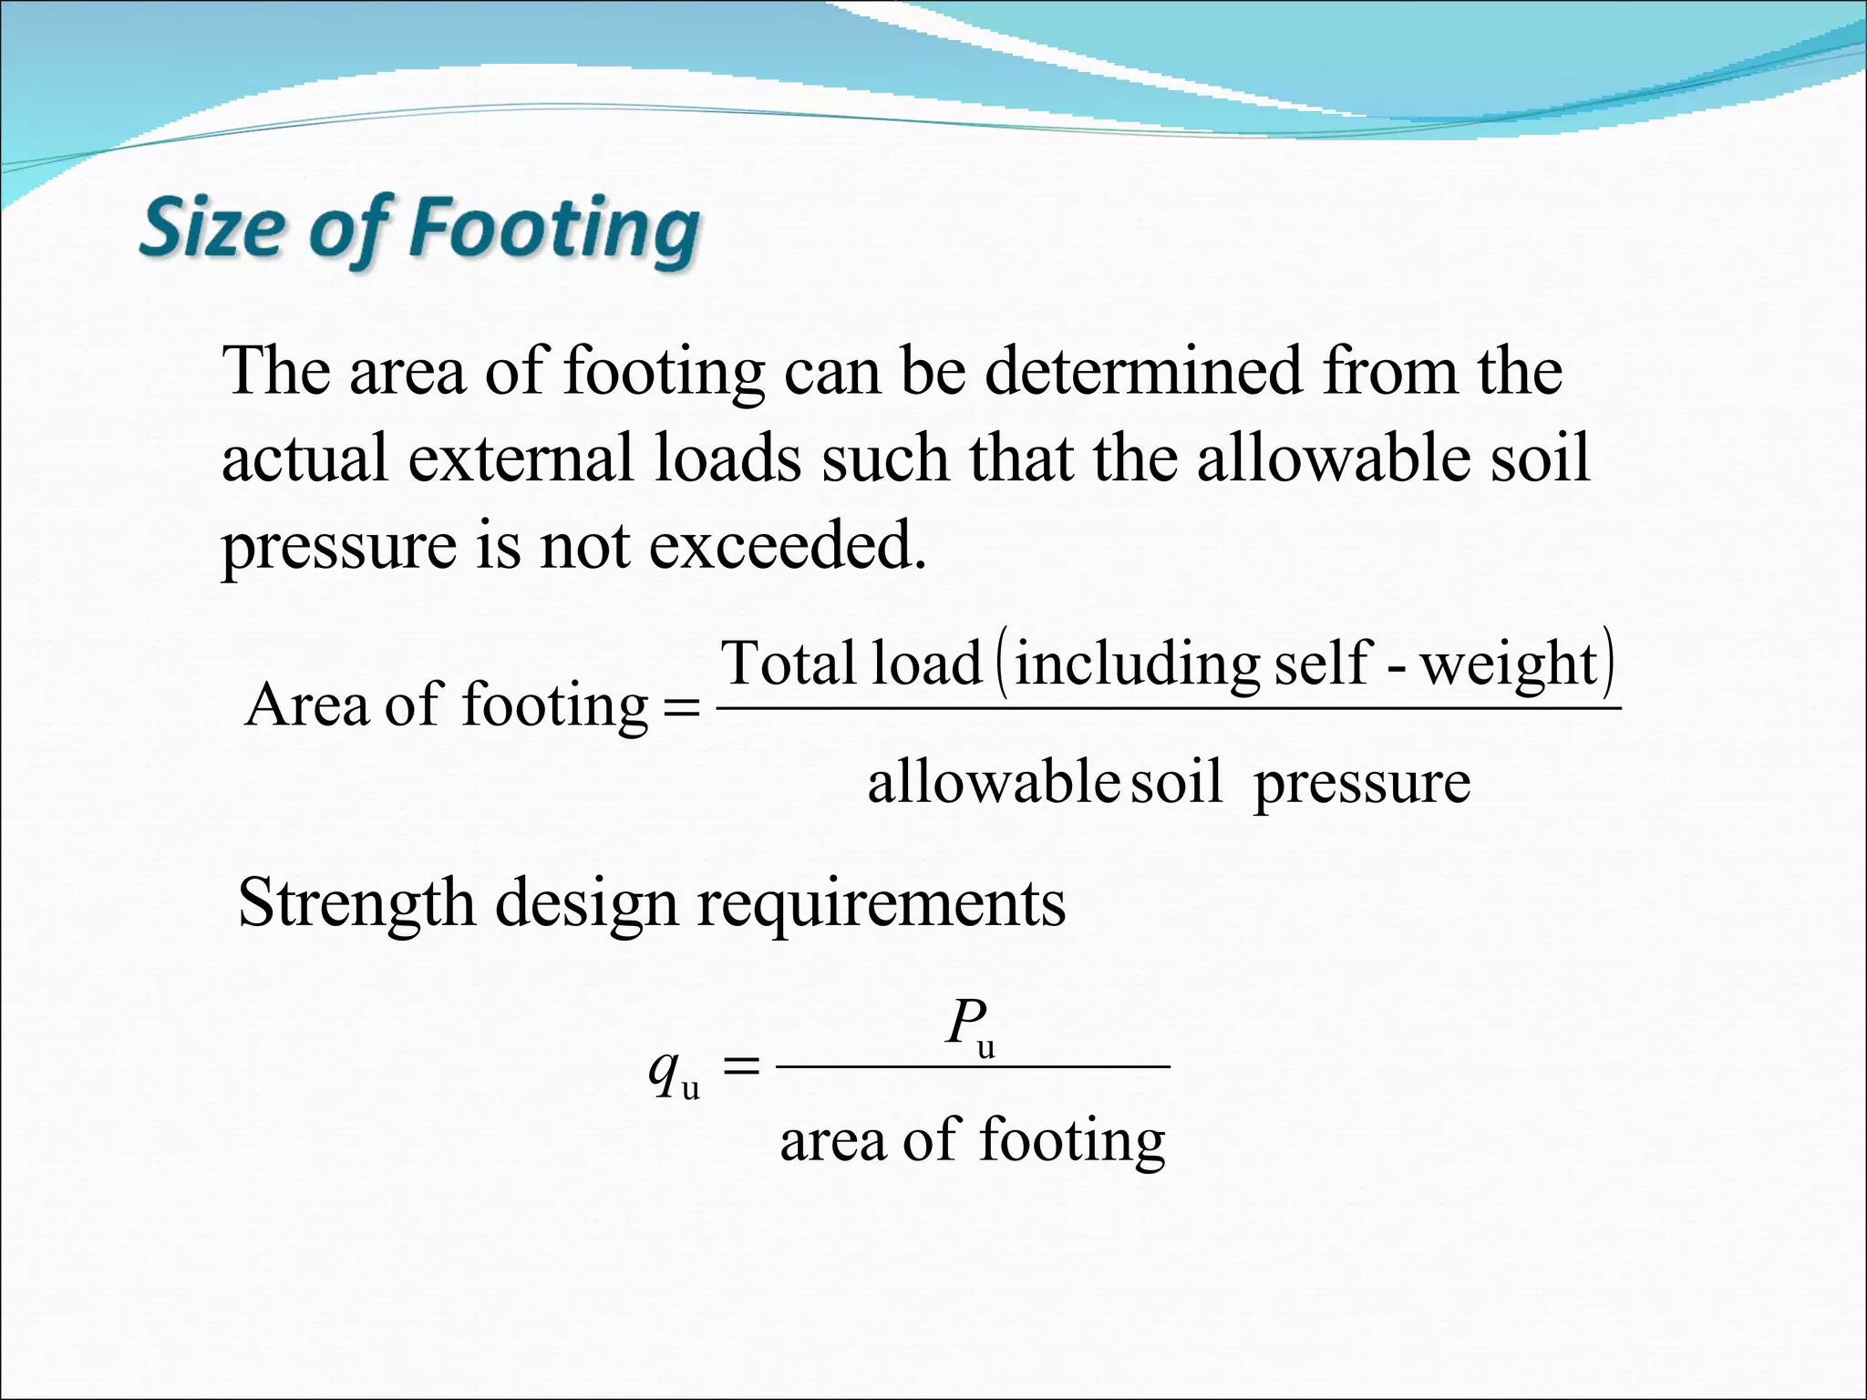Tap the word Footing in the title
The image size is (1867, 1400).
[x=553, y=229]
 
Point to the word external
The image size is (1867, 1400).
[x=520, y=458]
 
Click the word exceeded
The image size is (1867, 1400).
[x=787, y=546]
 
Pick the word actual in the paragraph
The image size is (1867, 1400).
[x=305, y=458]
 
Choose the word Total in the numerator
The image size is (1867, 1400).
[x=789, y=663]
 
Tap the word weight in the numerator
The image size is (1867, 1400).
[x=1510, y=664]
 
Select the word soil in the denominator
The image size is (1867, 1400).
[x=1176, y=782]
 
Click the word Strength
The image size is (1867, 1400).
[x=356, y=903]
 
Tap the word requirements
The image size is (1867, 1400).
[x=882, y=903]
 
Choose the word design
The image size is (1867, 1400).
[x=586, y=903]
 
